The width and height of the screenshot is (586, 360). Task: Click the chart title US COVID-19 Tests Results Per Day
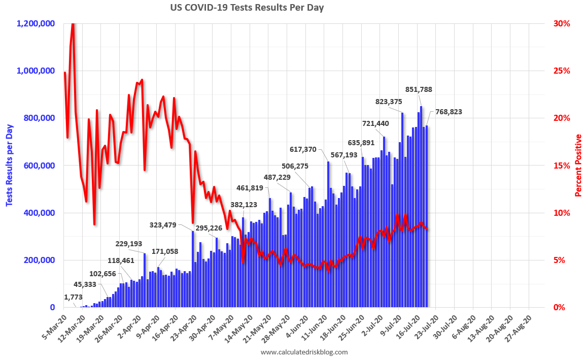pos(247,8)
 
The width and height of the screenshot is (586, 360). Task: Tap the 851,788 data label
pos(419,89)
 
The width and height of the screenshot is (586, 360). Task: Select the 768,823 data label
pos(445,112)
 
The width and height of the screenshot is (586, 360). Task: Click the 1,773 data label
pos(74,297)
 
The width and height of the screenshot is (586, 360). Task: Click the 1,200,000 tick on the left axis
pos(37,23)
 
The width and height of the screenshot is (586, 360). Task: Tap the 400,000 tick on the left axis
pos(40,213)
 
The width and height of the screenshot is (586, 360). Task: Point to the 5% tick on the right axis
pos(559,260)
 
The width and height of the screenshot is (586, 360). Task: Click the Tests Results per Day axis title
pos(9,165)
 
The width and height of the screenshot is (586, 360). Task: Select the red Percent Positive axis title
pos(578,165)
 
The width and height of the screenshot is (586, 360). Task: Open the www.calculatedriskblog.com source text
pos(304,352)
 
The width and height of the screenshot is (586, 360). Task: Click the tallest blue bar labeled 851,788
pos(421,208)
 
